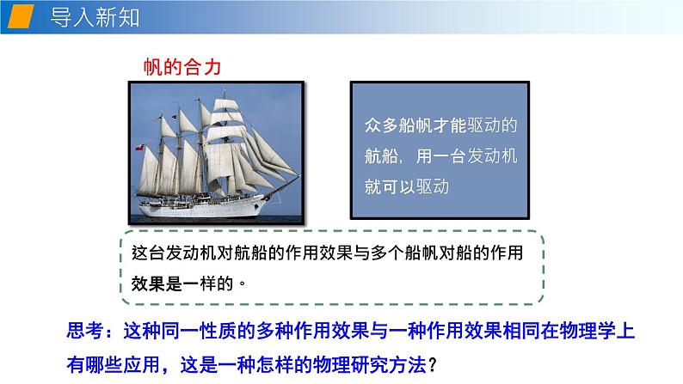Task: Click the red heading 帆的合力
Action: point(182,66)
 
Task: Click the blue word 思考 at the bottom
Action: point(84,329)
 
